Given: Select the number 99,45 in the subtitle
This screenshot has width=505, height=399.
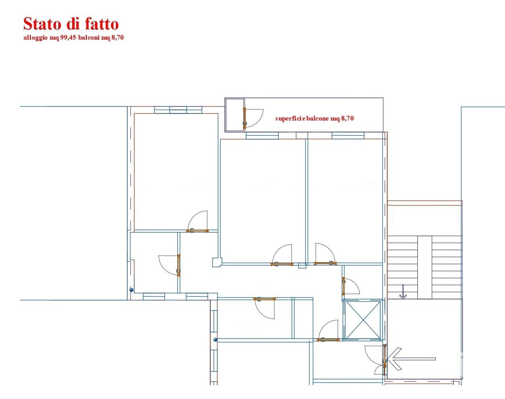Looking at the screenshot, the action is coord(68,38).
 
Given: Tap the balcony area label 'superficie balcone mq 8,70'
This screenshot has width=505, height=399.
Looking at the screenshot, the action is coord(315,118).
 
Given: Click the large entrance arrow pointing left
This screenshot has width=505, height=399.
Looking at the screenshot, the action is coord(411,359).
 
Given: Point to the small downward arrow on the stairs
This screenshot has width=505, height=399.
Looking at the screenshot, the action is coord(403,292).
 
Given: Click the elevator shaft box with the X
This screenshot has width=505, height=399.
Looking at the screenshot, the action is coord(363,320).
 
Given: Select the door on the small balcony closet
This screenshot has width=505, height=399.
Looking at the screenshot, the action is coord(253,118).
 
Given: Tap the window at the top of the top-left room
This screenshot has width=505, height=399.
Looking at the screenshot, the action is coord(178,110).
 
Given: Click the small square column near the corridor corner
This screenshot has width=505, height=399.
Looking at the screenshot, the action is coord(217,263).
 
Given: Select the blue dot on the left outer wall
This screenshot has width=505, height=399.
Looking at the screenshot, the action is coord(131,290).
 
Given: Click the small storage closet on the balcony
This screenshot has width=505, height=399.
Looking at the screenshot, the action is coord(235,115).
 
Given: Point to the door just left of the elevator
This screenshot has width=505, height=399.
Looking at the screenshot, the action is coord(328,330).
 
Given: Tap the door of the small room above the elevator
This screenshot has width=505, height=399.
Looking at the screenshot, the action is coord(351,286).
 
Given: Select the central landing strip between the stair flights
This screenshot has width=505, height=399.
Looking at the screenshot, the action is coord(424,267).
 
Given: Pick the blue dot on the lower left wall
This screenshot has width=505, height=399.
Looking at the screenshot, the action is coord(215,340).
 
